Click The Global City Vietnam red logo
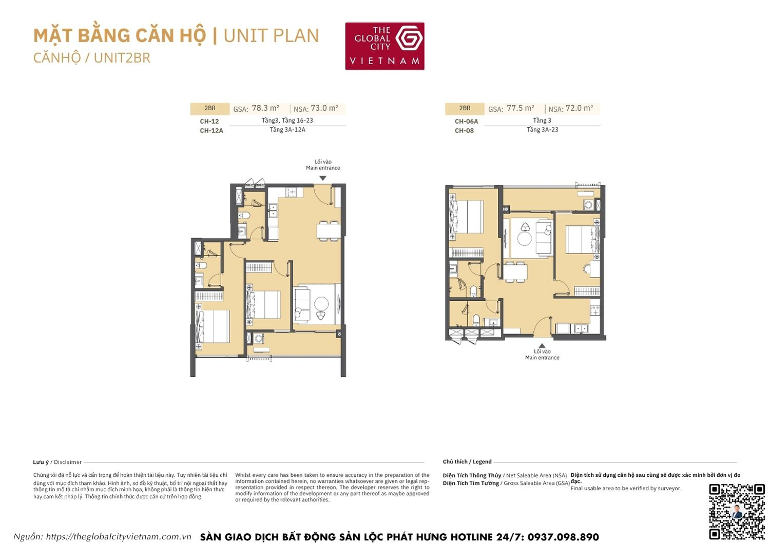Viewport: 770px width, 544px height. (x=384, y=46)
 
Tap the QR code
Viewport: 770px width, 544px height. (x=737, y=511)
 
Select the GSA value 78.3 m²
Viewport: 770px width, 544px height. (x=265, y=108)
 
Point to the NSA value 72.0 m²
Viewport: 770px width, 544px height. (x=579, y=108)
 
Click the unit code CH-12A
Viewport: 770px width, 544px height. (x=211, y=131)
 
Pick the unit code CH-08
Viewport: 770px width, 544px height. (x=464, y=131)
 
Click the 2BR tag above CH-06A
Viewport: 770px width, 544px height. (x=465, y=108)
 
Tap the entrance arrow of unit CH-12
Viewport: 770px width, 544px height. (x=323, y=178)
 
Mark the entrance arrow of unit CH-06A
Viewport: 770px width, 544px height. (x=542, y=346)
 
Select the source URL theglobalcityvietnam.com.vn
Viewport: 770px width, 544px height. (x=118, y=537)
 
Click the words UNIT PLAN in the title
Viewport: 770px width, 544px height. (x=271, y=35)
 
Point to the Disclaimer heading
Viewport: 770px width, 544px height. (x=68, y=462)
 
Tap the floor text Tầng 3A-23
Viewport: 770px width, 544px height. (x=542, y=130)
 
